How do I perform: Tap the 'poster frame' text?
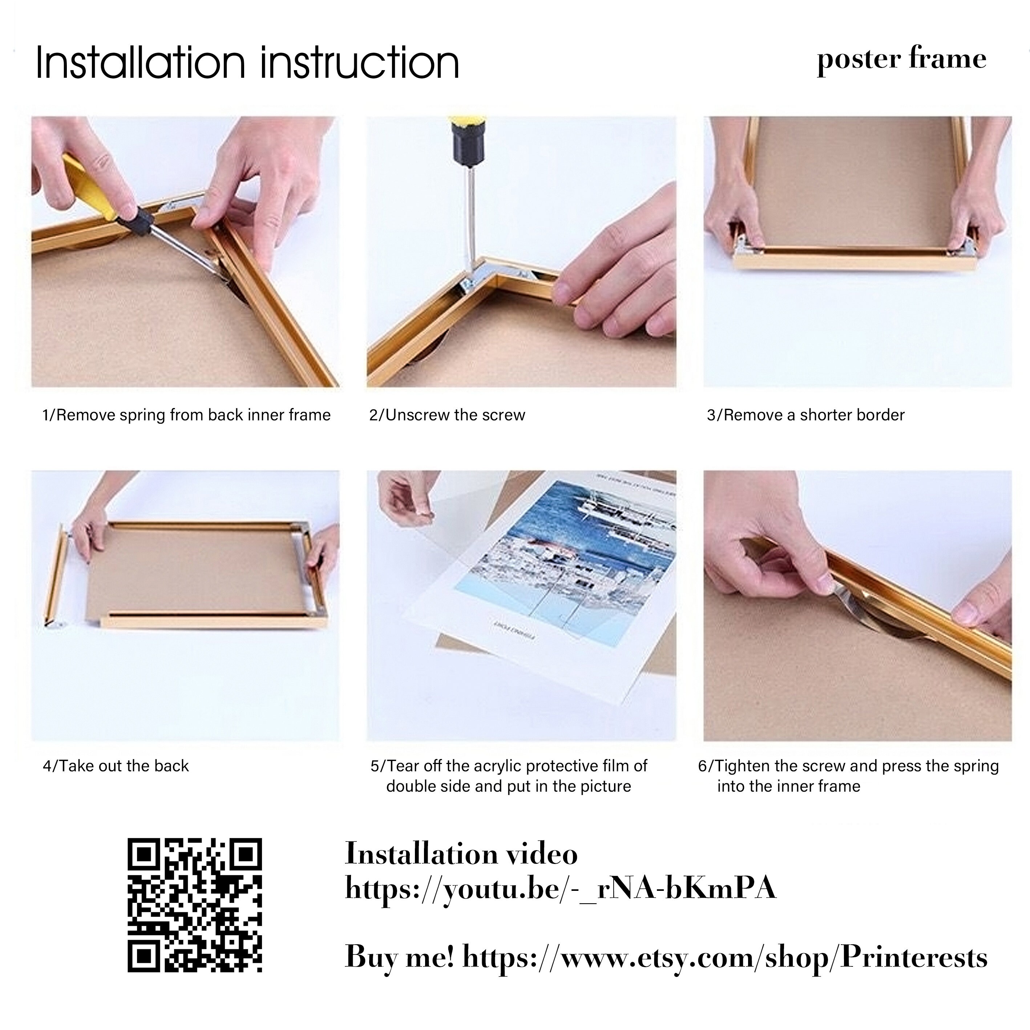coord(901,60)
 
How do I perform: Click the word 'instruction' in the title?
coord(360,63)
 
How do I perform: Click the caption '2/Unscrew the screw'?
coord(447,415)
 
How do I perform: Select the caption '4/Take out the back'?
coord(116,766)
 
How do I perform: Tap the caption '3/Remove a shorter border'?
coord(805,415)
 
